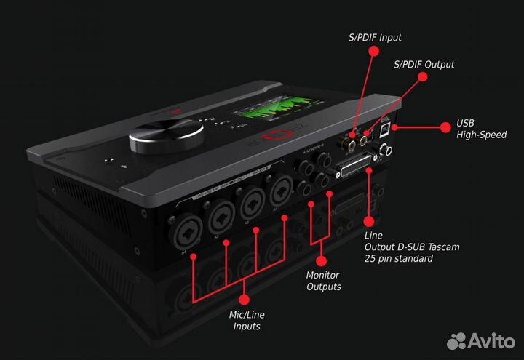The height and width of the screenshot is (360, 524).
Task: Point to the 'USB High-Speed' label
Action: [481, 129]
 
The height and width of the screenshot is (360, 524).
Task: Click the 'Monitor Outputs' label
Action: [323, 281]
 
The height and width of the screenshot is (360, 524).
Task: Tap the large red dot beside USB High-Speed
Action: [446, 126]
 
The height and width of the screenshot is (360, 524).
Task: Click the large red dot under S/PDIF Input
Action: [373, 51]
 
